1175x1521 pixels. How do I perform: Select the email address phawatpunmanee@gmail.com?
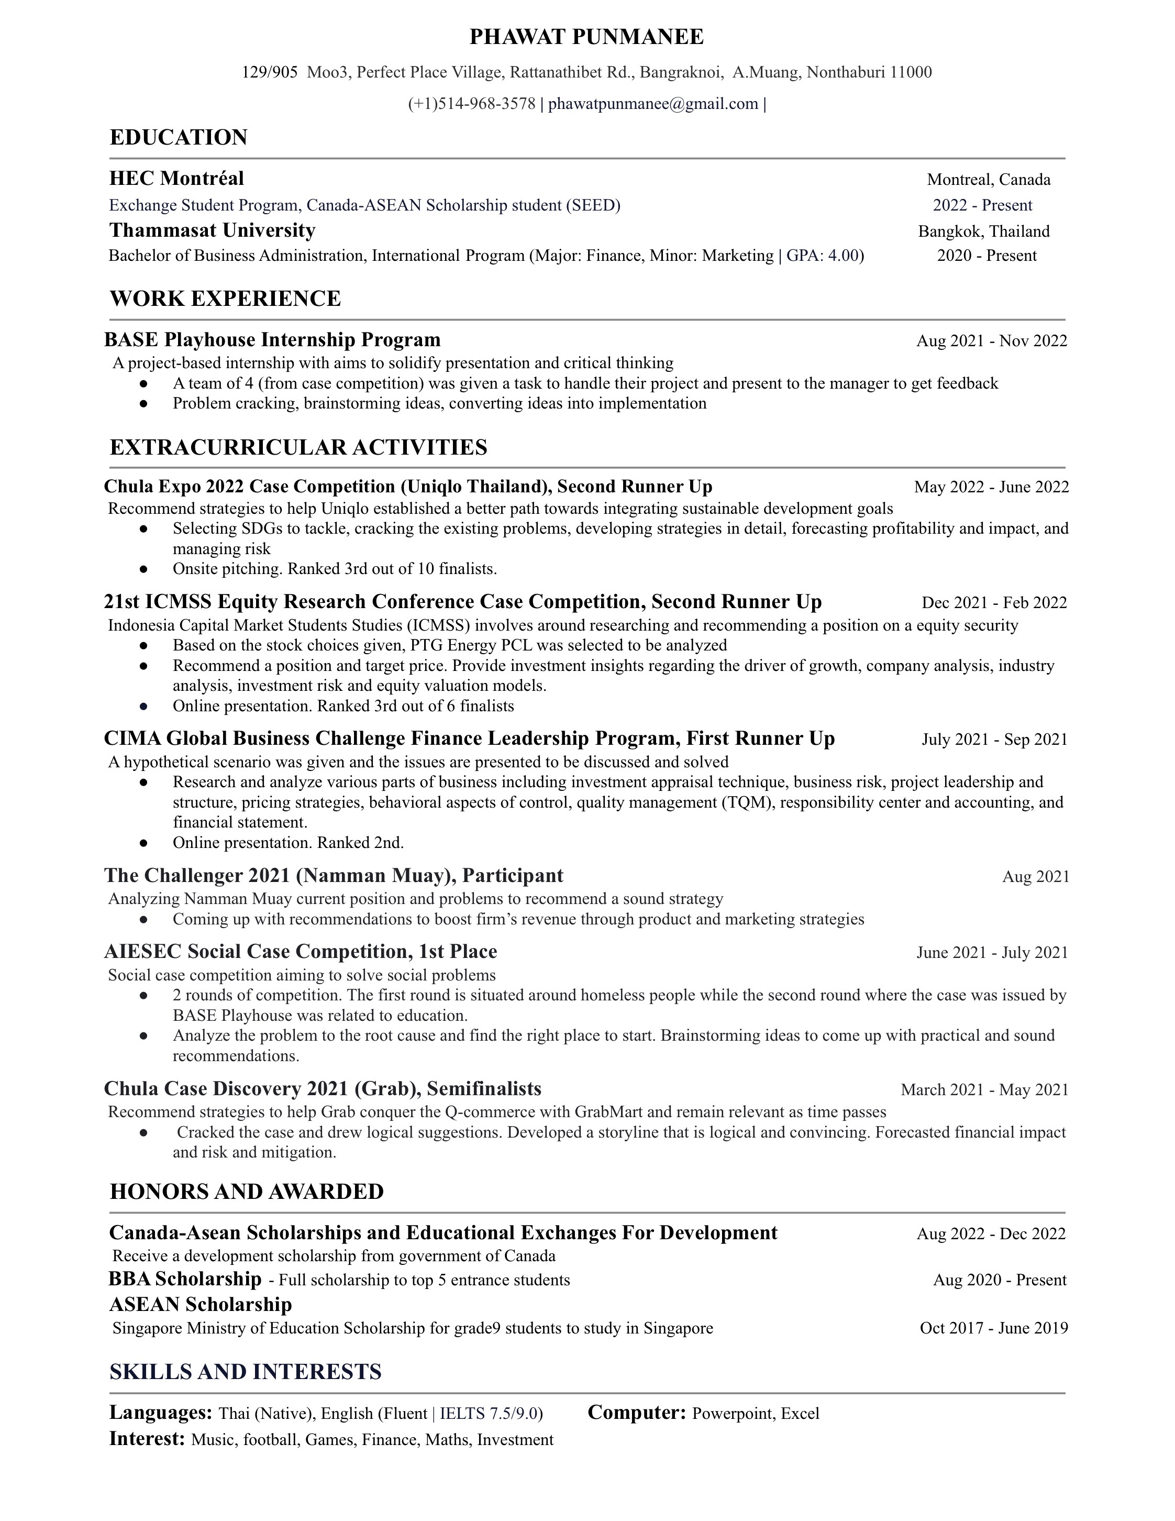point(653,104)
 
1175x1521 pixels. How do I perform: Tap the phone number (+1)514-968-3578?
point(471,104)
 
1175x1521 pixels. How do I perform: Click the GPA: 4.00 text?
point(825,256)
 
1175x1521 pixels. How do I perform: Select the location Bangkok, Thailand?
point(983,231)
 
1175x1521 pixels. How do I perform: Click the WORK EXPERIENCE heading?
point(225,298)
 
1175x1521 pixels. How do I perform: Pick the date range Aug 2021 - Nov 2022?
point(991,340)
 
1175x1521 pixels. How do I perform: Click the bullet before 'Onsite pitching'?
point(143,569)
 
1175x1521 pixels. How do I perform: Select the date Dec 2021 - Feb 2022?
point(994,602)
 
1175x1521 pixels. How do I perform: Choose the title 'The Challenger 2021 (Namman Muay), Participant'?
point(334,875)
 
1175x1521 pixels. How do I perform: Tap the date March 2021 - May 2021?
point(984,1089)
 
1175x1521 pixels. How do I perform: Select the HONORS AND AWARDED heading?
point(247,1191)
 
